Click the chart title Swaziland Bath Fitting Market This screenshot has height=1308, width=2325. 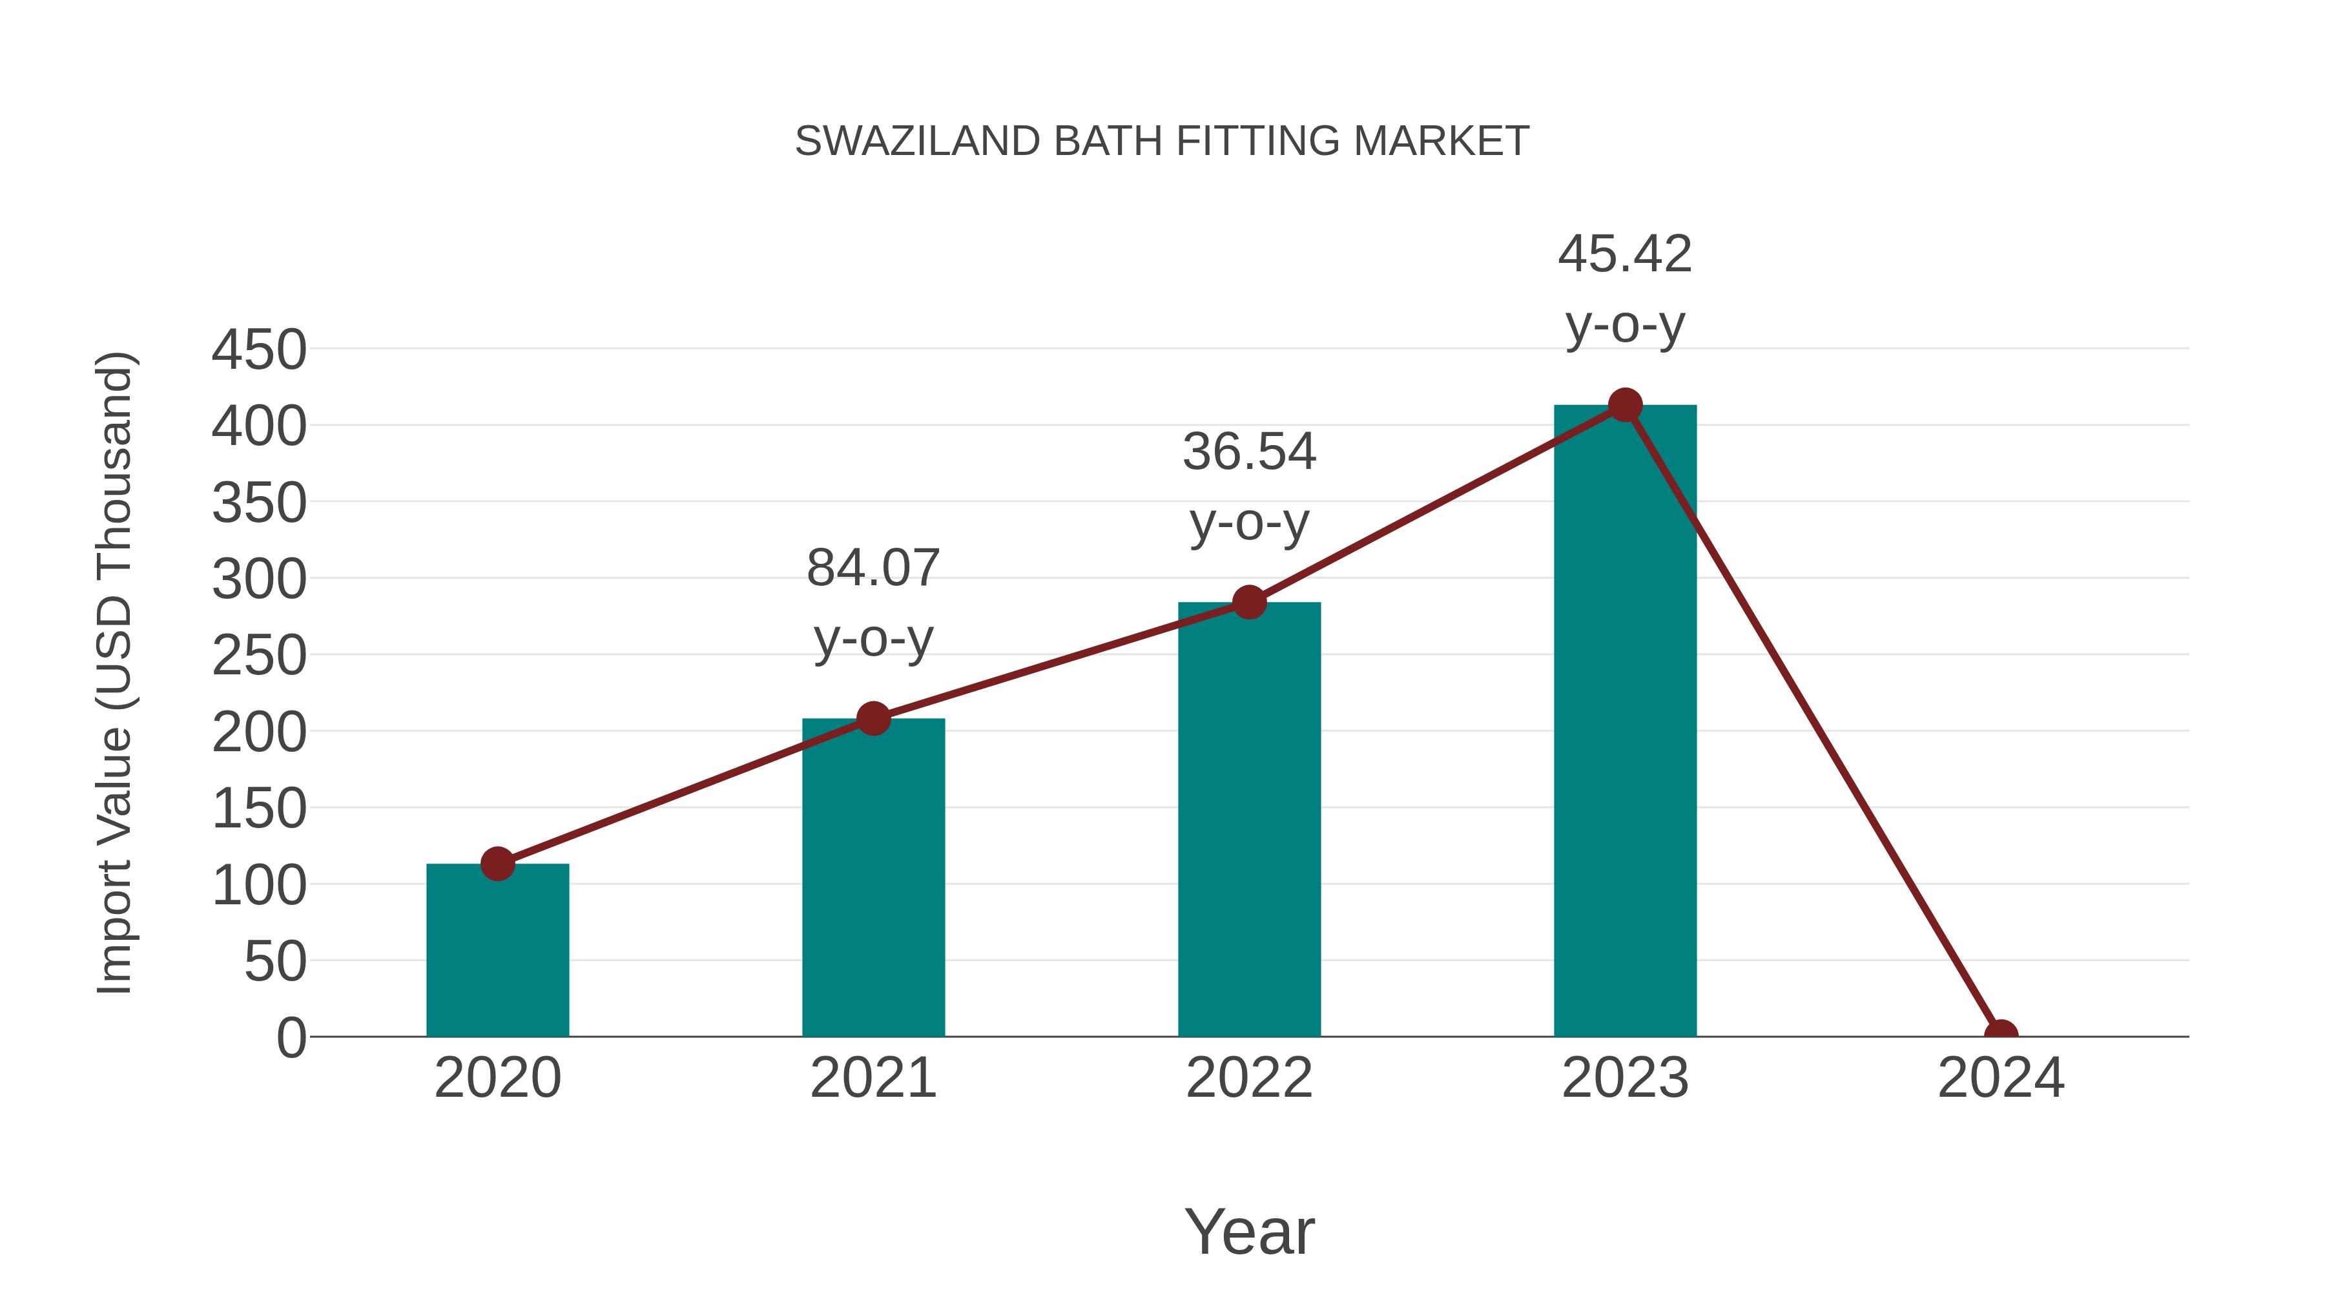(1162, 141)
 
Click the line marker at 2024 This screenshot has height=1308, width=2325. (2000, 1035)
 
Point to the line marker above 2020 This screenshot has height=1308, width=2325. (497, 864)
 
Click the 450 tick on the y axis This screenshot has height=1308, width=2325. (259, 350)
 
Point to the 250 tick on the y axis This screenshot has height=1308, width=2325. (259, 656)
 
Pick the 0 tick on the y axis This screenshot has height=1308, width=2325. (291, 1037)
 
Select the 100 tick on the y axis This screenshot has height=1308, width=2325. (259, 886)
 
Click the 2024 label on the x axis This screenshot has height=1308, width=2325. (2000, 1078)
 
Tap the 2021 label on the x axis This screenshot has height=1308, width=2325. (873, 1078)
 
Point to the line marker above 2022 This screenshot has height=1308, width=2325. (1248, 602)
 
